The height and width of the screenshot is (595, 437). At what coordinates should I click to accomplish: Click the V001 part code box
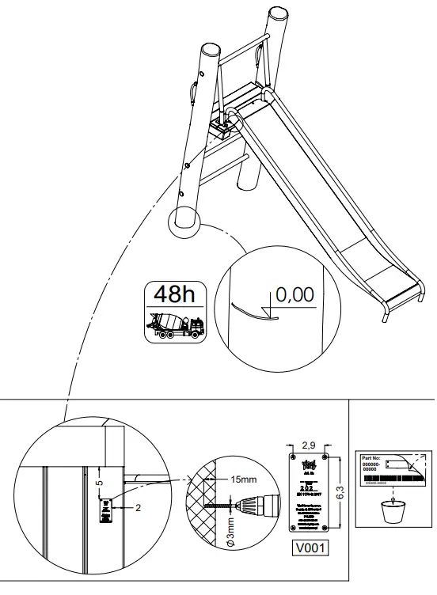310,546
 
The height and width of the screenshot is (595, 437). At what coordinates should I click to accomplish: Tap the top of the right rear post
277,13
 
